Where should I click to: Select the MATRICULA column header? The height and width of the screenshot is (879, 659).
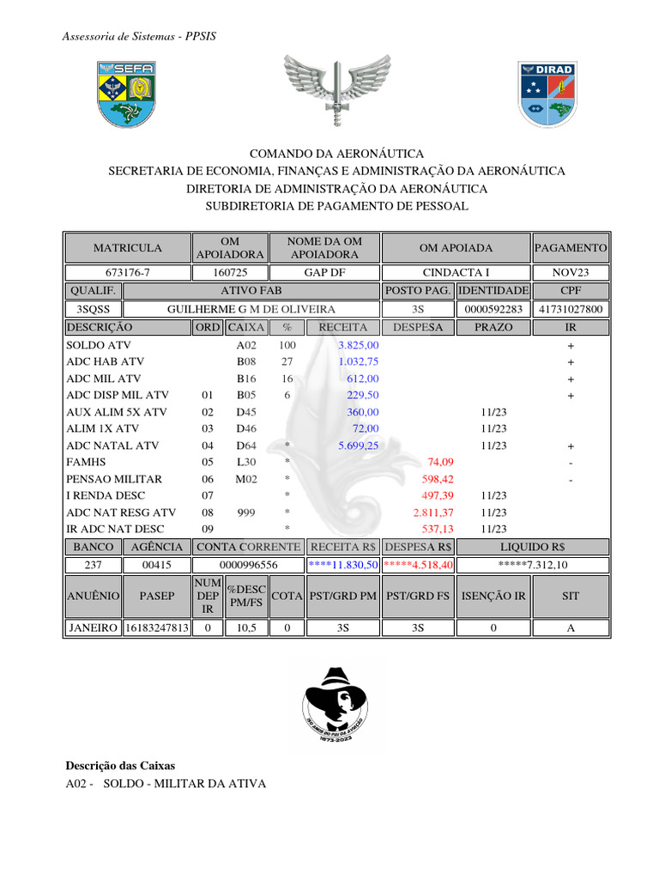pyautogui.click(x=127, y=248)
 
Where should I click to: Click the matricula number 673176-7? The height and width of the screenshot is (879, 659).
pyautogui.click(x=127, y=273)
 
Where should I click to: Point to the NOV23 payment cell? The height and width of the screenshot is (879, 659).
pyautogui.click(x=571, y=273)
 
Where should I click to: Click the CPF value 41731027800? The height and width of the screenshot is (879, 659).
pyautogui.click(x=571, y=309)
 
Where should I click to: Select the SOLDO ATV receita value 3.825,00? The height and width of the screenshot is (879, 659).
pyautogui.click(x=359, y=344)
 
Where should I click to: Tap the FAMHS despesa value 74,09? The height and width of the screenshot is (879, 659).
pyautogui.click(x=440, y=463)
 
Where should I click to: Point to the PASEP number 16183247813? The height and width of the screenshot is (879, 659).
pyautogui.click(x=156, y=627)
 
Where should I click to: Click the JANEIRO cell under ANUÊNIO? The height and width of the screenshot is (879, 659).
pyautogui.click(x=93, y=627)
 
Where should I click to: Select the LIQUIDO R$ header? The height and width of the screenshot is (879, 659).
pyautogui.click(x=571, y=546)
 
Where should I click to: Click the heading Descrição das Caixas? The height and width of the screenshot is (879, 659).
pyautogui.click(x=120, y=765)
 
